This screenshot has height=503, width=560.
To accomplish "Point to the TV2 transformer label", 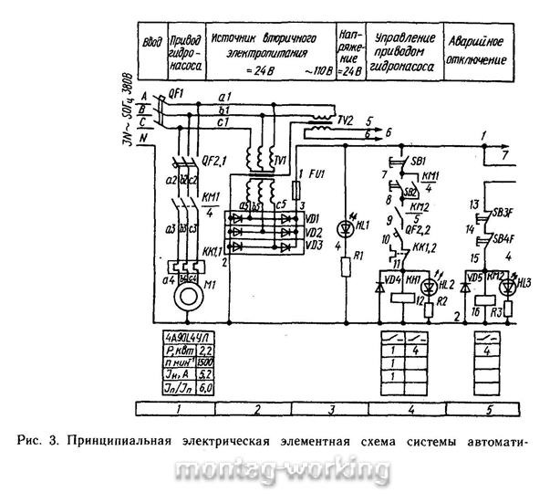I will click(x=342, y=120).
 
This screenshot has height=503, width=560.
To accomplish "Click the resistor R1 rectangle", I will click(x=345, y=267).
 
